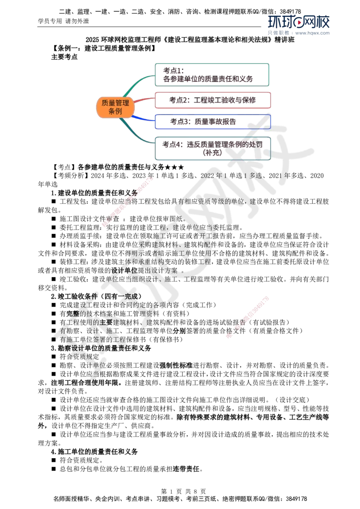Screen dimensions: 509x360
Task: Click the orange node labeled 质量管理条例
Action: [x=116, y=107]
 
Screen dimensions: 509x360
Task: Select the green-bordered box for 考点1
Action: [x=212, y=74]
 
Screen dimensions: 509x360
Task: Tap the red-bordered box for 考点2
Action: [x=213, y=100]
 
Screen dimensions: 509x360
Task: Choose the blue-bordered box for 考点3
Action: [x=213, y=122]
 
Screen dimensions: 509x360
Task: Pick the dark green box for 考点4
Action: [x=213, y=148]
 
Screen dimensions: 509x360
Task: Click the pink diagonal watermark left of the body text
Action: [x=127, y=202]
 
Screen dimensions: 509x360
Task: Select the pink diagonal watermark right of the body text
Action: [x=247, y=317]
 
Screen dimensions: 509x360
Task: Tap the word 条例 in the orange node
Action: [x=116, y=111]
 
